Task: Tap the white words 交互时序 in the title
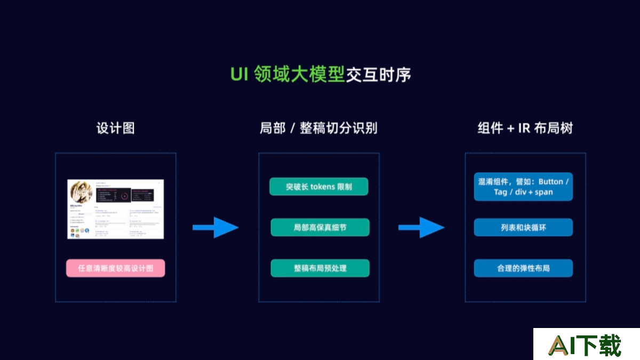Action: [x=379, y=75]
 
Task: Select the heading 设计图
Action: [x=115, y=128]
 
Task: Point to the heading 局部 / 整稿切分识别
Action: [x=318, y=128]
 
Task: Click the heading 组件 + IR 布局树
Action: [x=525, y=128]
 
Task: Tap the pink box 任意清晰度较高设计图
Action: [x=116, y=268]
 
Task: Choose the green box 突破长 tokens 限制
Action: [x=319, y=187]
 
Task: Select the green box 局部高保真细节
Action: [x=320, y=227]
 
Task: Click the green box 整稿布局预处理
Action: [x=320, y=268]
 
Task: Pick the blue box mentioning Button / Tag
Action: [x=523, y=187]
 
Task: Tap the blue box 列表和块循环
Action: [x=523, y=227]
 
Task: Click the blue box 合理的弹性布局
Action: [x=523, y=268]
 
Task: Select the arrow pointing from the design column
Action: [x=215, y=228]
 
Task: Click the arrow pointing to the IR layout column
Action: [x=421, y=228]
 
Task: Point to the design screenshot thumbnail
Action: [x=116, y=209]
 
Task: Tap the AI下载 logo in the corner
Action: [x=586, y=345]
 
